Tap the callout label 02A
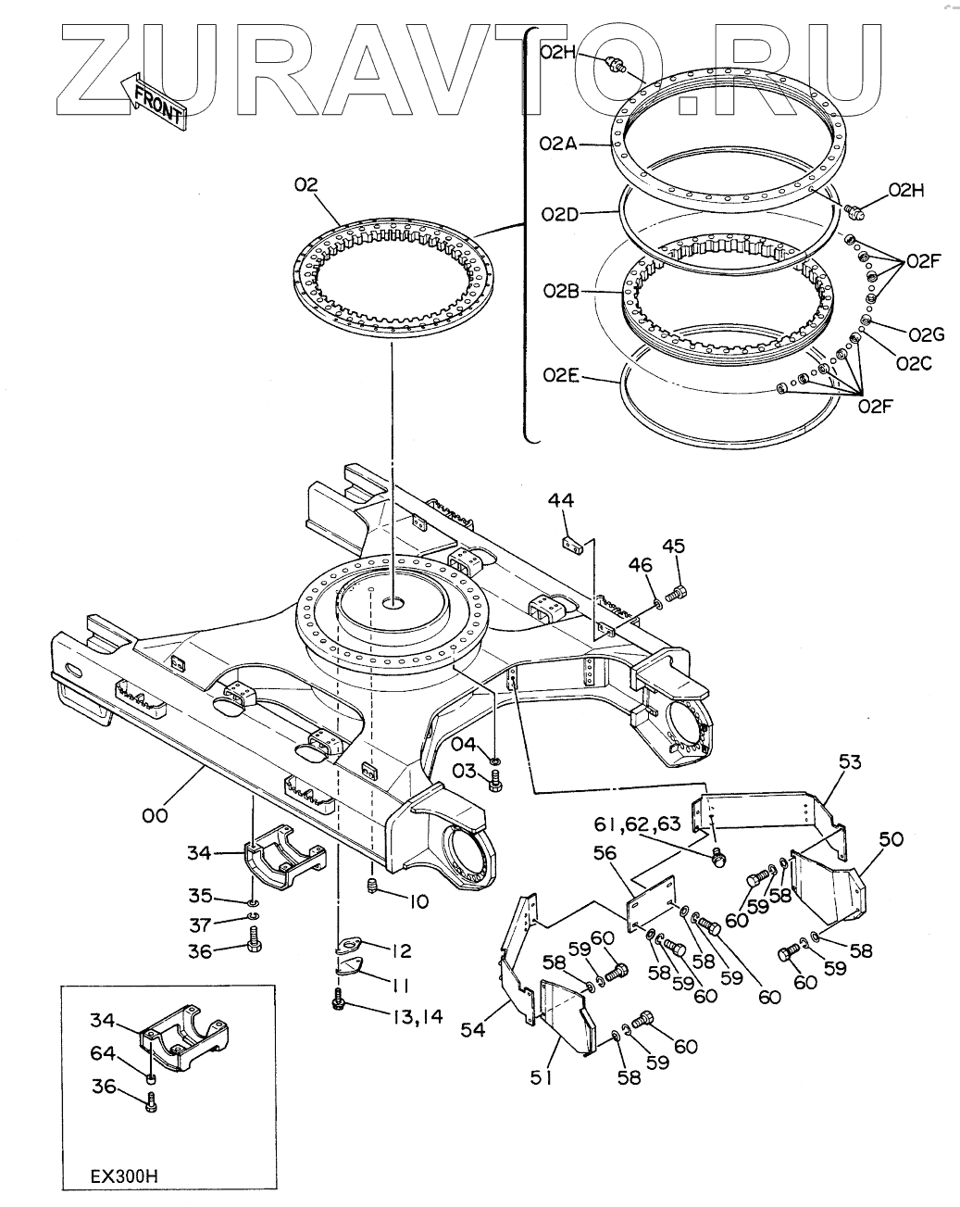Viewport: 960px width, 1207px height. (x=558, y=145)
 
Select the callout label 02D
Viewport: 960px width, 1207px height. (x=560, y=214)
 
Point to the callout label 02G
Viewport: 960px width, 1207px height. (x=927, y=334)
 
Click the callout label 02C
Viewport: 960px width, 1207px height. (x=914, y=364)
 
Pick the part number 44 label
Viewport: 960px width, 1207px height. (x=561, y=499)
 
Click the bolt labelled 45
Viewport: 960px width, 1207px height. (x=676, y=592)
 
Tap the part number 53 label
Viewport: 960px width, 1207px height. (x=850, y=761)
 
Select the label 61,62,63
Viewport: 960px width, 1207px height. (x=638, y=824)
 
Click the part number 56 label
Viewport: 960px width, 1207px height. (x=605, y=853)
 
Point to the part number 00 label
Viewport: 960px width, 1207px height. (x=155, y=815)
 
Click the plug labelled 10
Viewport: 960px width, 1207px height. (x=372, y=886)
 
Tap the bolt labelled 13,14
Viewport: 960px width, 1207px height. (x=338, y=1004)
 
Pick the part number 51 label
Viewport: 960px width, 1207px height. (x=542, y=1093)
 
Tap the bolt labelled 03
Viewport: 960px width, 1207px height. (x=494, y=781)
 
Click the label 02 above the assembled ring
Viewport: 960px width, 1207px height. (x=306, y=184)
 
